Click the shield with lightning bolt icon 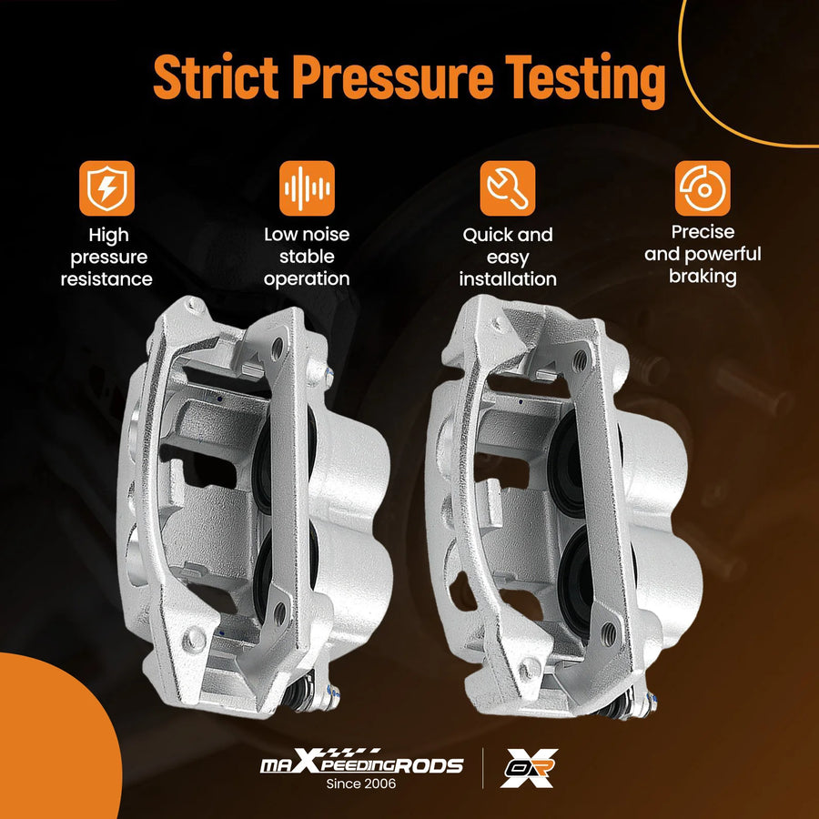click(x=106, y=188)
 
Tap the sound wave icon click(x=307, y=188)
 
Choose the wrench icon click(x=507, y=188)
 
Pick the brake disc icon click(x=703, y=188)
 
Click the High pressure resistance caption click(x=106, y=257)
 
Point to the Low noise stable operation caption click(x=307, y=257)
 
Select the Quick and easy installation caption click(x=508, y=257)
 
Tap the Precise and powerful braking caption click(x=703, y=255)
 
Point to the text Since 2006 click(x=361, y=784)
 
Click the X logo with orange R click(x=529, y=768)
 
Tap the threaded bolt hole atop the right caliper click(x=580, y=361)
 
